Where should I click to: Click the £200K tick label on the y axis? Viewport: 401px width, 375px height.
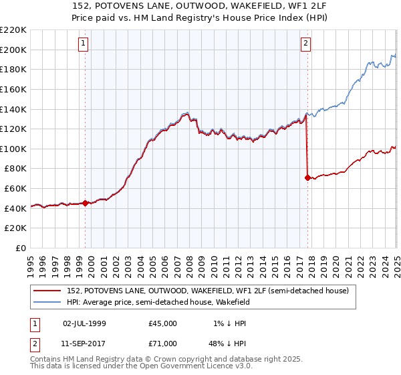(x=13, y=50)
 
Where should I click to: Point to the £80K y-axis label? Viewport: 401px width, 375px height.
(x=15, y=169)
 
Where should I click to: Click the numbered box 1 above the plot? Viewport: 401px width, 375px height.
(x=84, y=44)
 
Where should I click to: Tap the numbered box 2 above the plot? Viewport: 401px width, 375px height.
(x=305, y=44)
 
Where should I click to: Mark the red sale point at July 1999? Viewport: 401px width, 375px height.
(x=86, y=203)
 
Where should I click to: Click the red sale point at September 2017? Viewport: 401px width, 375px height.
(x=307, y=177)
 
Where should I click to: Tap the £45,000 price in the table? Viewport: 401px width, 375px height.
(x=163, y=323)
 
